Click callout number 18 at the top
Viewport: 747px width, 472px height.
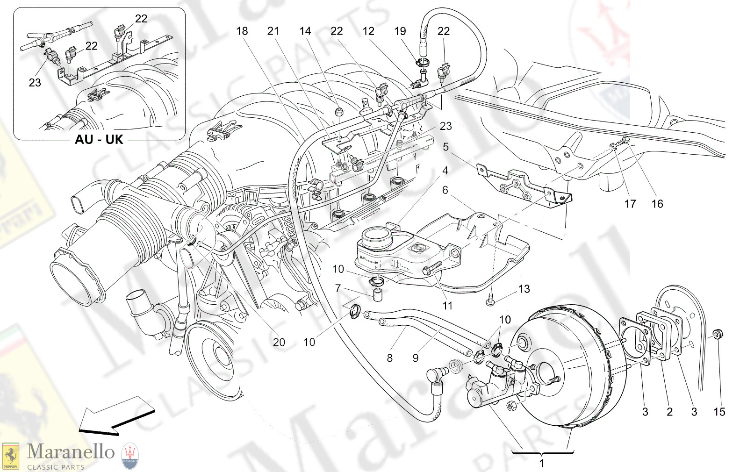tap(242, 31)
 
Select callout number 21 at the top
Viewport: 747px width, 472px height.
tap(273, 31)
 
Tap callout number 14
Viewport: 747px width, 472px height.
tap(305, 31)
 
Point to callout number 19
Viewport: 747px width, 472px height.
tap(400, 31)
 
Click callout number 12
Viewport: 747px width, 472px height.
tap(368, 31)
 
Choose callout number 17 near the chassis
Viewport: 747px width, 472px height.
tap(630, 204)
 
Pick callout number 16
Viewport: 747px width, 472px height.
tap(657, 204)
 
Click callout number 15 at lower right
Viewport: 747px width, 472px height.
tap(719, 412)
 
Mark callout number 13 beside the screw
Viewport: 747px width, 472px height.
tap(524, 289)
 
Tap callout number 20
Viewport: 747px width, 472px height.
tap(279, 342)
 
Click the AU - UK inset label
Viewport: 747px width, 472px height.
tap(99, 139)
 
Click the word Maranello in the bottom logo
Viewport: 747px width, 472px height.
tap(71, 452)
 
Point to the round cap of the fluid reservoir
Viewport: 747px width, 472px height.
tap(376, 233)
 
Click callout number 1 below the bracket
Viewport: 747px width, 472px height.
tap(541, 464)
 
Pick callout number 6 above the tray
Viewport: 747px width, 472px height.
tap(445, 190)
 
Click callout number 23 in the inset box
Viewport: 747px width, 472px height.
tap(35, 83)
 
